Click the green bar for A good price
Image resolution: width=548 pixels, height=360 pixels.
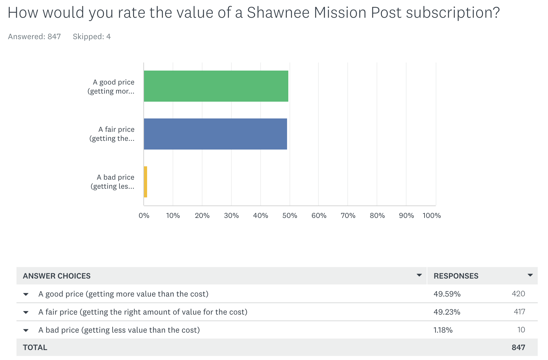(x=216, y=86)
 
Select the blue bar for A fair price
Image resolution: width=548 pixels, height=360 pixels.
(x=215, y=134)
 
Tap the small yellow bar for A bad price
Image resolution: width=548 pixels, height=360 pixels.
(x=145, y=182)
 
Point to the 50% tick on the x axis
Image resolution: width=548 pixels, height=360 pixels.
(x=290, y=215)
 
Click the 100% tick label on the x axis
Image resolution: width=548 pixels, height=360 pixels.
(x=431, y=215)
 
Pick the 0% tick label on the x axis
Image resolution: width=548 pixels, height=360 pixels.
(x=144, y=215)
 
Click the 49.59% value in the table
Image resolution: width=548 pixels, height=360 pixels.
(x=447, y=294)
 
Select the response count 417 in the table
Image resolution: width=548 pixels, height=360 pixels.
(x=519, y=312)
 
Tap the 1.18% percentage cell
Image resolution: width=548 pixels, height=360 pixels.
(x=443, y=330)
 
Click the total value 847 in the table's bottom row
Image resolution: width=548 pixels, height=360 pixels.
(x=518, y=347)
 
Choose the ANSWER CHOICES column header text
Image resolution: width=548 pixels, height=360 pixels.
(x=57, y=276)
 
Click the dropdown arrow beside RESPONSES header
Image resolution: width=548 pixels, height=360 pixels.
(x=530, y=275)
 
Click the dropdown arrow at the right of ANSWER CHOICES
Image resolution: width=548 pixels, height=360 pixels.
(x=419, y=275)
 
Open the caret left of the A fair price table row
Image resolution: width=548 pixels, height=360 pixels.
(x=26, y=312)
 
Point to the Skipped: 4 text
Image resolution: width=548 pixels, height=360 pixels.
(x=92, y=37)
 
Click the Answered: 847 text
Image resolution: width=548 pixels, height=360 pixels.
(x=34, y=37)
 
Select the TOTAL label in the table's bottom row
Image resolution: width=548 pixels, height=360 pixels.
(x=35, y=347)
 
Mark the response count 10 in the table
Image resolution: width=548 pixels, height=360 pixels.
(x=521, y=330)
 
